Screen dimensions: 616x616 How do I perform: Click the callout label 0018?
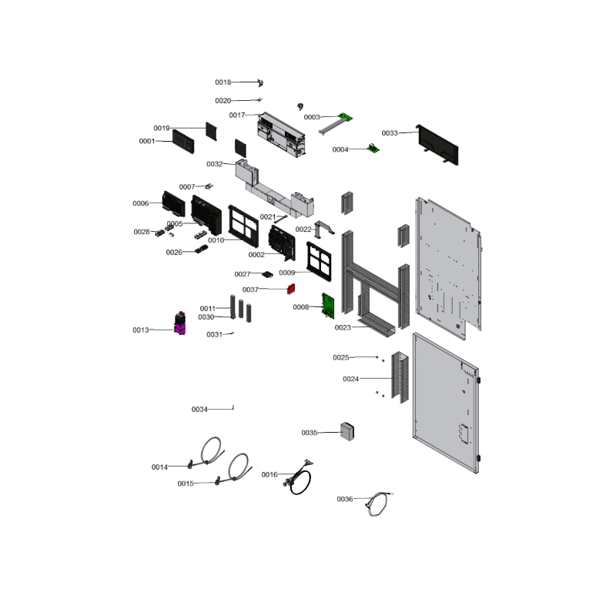pos(223,82)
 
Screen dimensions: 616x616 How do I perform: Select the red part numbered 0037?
pos(291,290)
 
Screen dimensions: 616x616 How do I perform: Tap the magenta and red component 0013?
pos(180,323)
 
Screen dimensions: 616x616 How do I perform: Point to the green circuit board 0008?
pos(328,306)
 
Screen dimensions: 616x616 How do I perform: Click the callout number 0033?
pos(390,133)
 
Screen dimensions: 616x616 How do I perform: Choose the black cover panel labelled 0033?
pos(437,145)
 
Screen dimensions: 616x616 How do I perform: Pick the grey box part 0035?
pos(347,431)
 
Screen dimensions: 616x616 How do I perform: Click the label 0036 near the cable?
pos(345,499)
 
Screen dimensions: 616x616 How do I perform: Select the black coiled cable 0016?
pos(299,477)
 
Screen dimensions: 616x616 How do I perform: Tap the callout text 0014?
pos(159,467)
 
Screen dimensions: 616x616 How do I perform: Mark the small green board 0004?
pos(373,149)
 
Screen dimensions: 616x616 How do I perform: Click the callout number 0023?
pos(343,328)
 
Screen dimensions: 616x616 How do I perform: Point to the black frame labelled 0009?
pos(319,261)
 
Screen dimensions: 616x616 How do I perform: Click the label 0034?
pos(199,410)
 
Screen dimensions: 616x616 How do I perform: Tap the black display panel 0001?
pos(183,142)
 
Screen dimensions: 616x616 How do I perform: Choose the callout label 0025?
pos(341,357)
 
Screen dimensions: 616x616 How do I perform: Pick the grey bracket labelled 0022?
pos(324,229)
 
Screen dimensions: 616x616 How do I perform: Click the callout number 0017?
pos(237,115)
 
